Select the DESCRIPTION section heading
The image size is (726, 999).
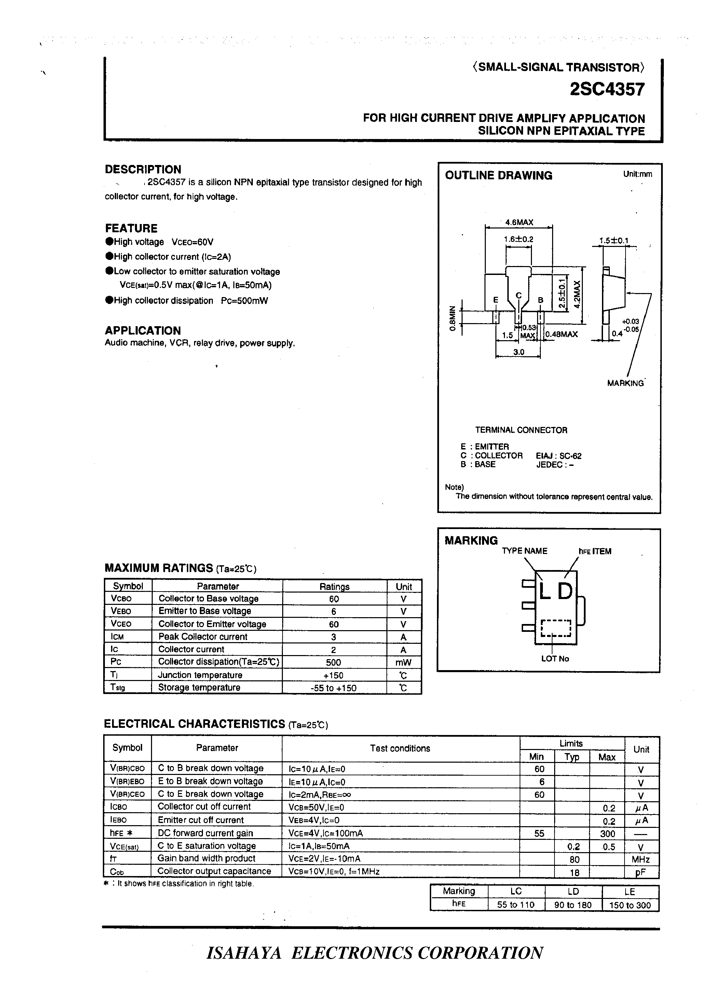pyautogui.click(x=143, y=170)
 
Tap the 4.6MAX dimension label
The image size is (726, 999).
pyautogui.click(x=519, y=222)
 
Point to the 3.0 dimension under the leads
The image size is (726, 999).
pyautogui.click(x=519, y=352)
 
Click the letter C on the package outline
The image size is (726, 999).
pyautogui.click(x=519, y=295)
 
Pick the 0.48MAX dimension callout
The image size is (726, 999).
pyautogui.click(x=562, y=334)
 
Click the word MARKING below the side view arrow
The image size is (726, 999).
pyautogui.click(x=625, y=383)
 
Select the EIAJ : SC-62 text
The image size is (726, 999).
pyautogui.click(x=559, y=456)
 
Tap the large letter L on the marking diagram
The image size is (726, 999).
pyautogui.click(x=545, y=591)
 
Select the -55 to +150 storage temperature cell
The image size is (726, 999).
pyautogui.click(x=333, y=688)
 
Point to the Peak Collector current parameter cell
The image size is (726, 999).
pyautogui.click(x=203, y=637)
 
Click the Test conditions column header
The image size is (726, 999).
pyautogui.click(x=400, y=748)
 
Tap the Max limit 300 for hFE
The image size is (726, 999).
pyautogui.click(x=607, y=833)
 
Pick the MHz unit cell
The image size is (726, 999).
pyautogui.click(x=641, y=859)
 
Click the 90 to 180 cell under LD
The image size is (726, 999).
pyautogui.click(x=573, y=905)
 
